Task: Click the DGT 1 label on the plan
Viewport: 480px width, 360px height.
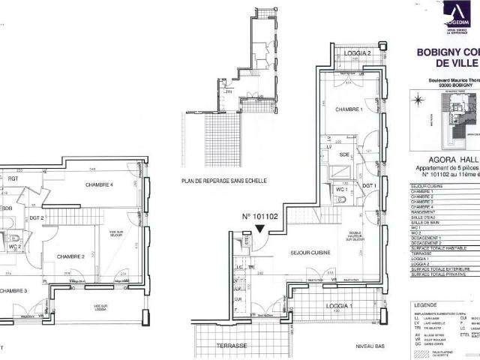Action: coord(368,185)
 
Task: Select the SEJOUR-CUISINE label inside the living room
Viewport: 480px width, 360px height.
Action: coord(312,253)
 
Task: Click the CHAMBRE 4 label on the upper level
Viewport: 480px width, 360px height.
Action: coord(100,184)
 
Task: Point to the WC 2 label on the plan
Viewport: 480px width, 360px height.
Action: coord(15,247)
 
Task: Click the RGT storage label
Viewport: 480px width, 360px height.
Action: coord(13,178)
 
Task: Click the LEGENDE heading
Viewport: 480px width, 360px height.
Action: coord(427,305)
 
